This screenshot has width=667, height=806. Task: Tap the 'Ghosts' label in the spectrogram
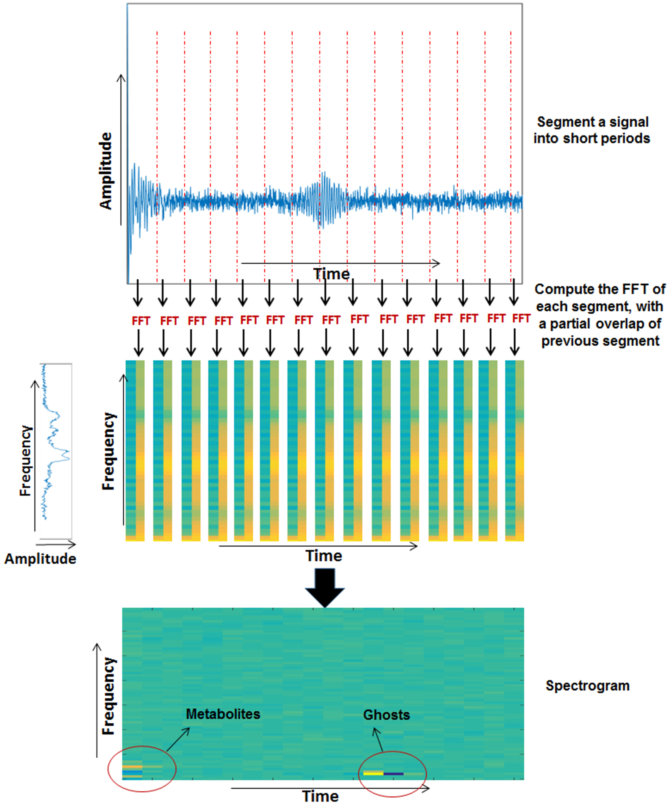click(x=386, y=715)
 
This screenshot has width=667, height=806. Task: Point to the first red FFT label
click(x=141, y=321)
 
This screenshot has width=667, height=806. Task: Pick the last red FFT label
click(x=521, y=318)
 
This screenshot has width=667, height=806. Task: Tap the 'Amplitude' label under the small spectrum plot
click(x=40, y=559)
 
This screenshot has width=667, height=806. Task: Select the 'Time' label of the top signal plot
click(x=331, y=274)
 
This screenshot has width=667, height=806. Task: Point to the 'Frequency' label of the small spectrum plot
click(x=25, y=461)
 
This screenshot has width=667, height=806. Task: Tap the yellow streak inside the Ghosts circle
click(x=373, y=773)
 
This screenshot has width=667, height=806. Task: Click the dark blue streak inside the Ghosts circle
click(x=393, y=774)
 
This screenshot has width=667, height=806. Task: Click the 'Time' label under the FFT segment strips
click(x=324, y=556)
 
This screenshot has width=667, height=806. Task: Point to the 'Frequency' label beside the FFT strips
click(x=108, y=451)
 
